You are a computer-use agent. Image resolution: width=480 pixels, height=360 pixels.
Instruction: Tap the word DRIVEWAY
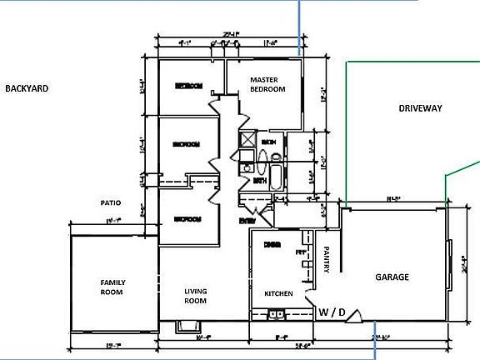420,108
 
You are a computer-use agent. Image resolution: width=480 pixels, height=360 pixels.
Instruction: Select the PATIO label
112,202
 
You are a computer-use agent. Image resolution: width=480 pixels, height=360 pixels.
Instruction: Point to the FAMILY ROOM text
112,287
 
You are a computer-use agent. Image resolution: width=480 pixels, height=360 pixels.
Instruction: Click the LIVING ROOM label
195,296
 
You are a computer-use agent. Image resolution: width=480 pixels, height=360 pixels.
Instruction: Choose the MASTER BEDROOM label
268,84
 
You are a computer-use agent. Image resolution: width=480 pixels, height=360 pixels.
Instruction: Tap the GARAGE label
392,277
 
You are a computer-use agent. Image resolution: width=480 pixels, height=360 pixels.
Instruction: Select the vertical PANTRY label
327,257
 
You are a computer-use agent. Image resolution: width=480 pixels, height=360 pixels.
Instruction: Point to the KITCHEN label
277,294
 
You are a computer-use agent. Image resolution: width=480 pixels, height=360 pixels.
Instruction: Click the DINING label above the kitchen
271,244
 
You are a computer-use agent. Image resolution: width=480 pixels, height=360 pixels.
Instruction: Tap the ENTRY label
247,221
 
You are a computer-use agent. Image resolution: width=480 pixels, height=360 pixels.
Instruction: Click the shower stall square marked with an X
247,141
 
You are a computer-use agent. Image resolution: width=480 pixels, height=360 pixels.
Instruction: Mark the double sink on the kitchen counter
276,314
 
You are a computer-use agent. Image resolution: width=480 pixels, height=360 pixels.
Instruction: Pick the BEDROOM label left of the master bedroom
190,86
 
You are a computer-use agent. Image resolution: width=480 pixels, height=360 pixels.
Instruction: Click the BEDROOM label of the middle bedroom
187,144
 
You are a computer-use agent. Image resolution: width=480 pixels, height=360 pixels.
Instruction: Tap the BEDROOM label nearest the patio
187,219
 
